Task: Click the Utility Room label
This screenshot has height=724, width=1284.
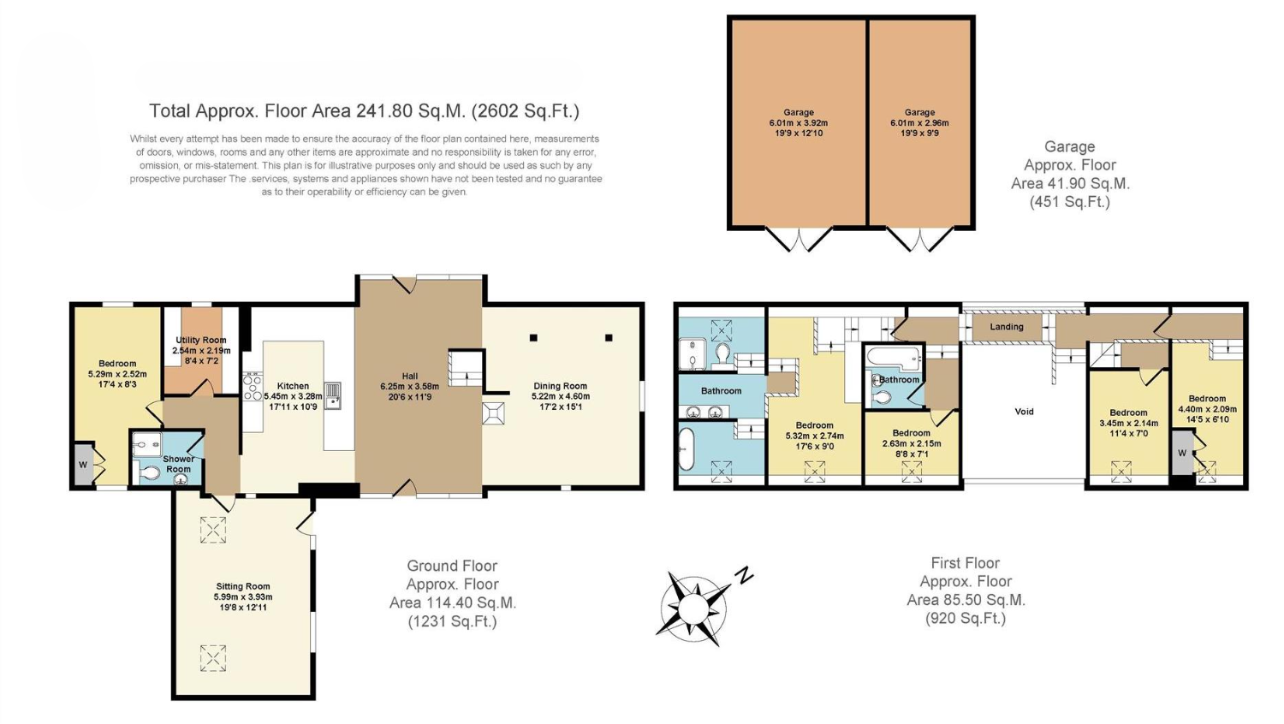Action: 200,340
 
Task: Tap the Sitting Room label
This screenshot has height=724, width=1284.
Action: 243,586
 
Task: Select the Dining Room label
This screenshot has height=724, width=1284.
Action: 560,386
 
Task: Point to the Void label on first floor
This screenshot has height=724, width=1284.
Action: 1024,411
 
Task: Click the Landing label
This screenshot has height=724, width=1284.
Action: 1007,326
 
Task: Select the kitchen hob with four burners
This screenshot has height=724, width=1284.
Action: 253,387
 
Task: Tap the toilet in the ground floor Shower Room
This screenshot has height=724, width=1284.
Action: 149,473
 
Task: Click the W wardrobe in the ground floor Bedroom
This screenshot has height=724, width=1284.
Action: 84,465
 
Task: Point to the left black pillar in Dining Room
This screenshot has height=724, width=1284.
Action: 533,338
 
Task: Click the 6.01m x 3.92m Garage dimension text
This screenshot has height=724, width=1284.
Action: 799,122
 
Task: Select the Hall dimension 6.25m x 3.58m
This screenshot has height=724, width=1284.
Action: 410,386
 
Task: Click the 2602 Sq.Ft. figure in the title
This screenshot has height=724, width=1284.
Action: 525,110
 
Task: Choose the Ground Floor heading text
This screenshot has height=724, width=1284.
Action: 452,566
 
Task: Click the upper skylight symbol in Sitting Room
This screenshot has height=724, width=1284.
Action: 212,530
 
